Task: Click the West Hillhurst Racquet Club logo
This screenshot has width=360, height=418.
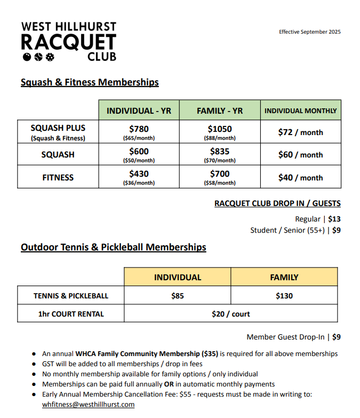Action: point(68,41)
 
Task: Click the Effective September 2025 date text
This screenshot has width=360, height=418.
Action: point(309,32)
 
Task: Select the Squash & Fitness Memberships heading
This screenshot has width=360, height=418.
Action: point(90,82)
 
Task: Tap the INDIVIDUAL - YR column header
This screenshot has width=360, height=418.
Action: point(139,111)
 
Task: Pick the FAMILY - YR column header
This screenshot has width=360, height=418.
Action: point(219,111)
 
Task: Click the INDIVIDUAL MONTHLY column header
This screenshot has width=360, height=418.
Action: point(300,111)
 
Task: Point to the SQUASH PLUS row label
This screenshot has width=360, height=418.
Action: point(58,128)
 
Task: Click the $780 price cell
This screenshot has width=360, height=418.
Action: point(139,131)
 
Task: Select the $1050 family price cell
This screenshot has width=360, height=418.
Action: point(219,131)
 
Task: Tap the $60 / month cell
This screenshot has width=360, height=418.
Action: point(300,155)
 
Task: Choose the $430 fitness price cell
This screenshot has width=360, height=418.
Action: point(139,177)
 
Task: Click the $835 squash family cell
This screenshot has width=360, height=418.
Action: point(219,154)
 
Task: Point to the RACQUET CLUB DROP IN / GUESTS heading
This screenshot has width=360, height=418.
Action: point(277,203)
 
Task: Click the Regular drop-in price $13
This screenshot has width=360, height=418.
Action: point(334,219)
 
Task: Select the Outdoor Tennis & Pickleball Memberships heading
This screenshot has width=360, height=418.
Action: point(113,247)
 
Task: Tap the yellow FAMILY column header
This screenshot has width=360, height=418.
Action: point(284,277)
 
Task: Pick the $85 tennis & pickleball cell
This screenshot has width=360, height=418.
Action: point(177,295)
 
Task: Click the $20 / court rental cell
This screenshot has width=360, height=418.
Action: point(230,314)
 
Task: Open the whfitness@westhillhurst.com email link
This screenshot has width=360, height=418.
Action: point(88,405)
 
